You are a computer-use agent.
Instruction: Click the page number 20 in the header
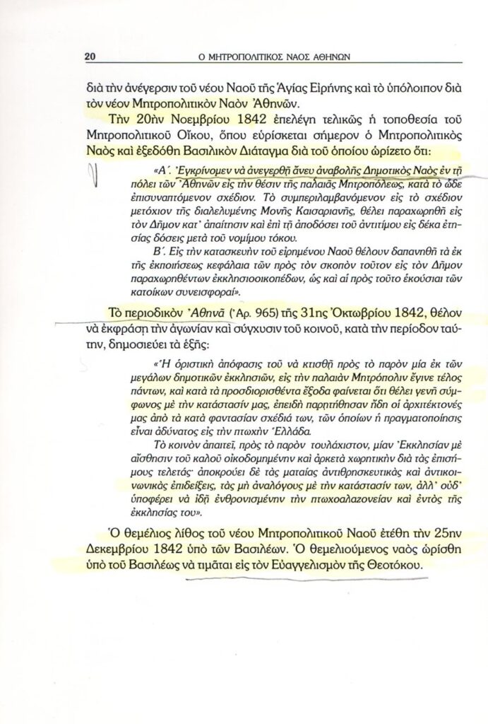[x=90, y=57]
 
